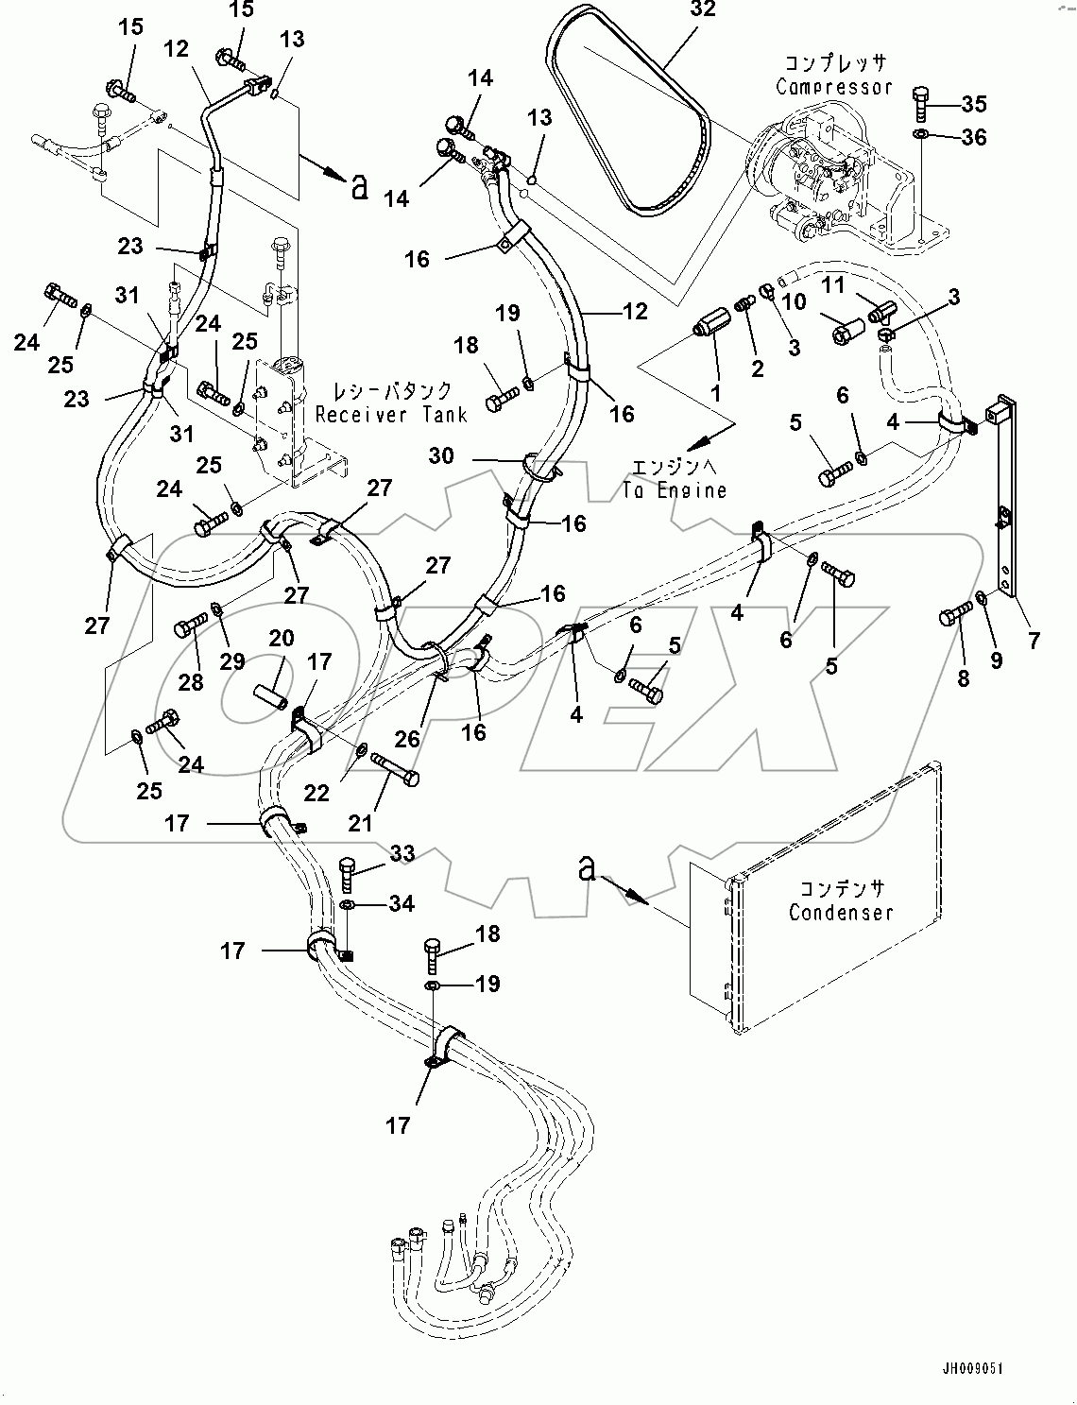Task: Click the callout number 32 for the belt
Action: pyautogui.click(x=703, y=10)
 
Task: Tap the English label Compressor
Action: pyautogui.click(x=833, y=87)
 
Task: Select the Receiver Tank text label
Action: pyautogui.click(x=391, y=414)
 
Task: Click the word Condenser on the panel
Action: pyautogui.click(x=841, y=913)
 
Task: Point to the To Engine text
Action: pyautogui.click(x=675, y=489)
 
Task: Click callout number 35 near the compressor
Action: pyautogui.click(x=973, y=103)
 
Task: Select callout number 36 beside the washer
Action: pyautogui.click(x=973, y=138)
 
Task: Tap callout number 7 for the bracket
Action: pyautogui.click(x=1034, y=642)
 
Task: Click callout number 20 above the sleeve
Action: pyautogui.click(x=281, y=639)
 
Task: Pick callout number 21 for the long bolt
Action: pyautogui.click(x=360, y=824)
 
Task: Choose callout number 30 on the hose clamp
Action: pyautogui.click(x=440, y=456)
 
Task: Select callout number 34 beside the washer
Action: pyautogui.click(x=402, y=904)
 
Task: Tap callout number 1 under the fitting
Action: pyautogui.click(x=715, y=390)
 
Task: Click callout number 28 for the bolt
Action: pyautogui.click(x=191, y=683)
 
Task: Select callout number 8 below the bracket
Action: pyautogui.click(x=964, y=678)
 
